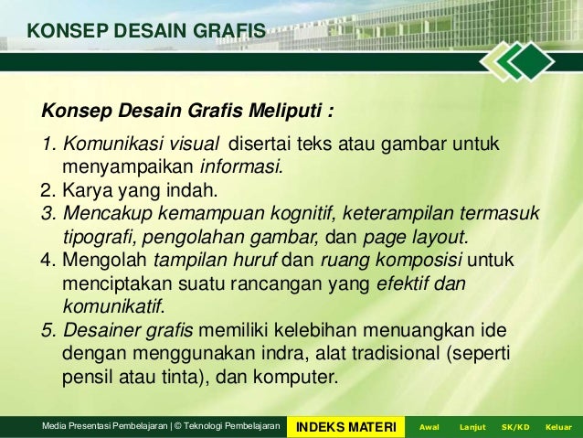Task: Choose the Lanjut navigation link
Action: click(472, 427)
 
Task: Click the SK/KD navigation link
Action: click(515, 427)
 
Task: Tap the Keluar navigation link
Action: click(557, 427)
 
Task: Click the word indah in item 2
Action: click(193, 191)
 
